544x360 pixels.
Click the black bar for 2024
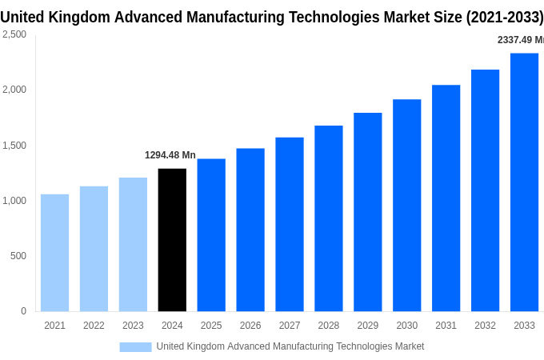point(172,240)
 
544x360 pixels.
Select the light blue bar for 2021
point(54,253)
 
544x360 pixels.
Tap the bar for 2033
point(524,182)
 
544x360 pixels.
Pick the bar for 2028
point(328,218)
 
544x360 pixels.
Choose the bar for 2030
point(406,206)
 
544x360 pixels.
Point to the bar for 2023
point(133,244)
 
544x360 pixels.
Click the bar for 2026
point(250,230)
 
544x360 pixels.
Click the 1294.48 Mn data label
point(170,155)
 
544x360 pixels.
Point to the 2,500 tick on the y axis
point(14,34)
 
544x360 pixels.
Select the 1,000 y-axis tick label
point(14,201)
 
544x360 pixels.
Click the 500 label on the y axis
point(18,256)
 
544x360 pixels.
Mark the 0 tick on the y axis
point(23,311)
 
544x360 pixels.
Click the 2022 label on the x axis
point(94,326)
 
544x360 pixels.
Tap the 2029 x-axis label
point(367,326)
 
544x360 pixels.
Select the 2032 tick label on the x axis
point(485,326)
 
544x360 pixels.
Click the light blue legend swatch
point(135,346)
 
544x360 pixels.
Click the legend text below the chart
point(290,346)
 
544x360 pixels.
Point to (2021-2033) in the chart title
point(504,17)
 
